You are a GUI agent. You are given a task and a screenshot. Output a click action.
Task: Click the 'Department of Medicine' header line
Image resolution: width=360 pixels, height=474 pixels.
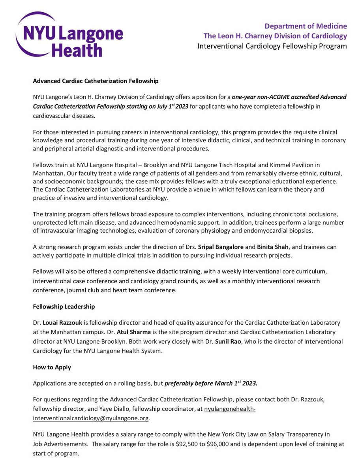(306, 26)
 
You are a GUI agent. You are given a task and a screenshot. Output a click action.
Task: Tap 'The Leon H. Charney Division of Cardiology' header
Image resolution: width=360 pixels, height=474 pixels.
(275, 36)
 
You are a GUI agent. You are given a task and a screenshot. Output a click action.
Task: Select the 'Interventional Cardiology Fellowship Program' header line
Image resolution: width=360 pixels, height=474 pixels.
(272, 46)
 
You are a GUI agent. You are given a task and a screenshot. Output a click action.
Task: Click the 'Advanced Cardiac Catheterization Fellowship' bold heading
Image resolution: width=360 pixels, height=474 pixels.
(96, 81)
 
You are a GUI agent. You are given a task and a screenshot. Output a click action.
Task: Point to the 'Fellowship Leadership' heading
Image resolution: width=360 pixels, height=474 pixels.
(64, 307)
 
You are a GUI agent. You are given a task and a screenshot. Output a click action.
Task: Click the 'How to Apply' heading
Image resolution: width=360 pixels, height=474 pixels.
(52, 367)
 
